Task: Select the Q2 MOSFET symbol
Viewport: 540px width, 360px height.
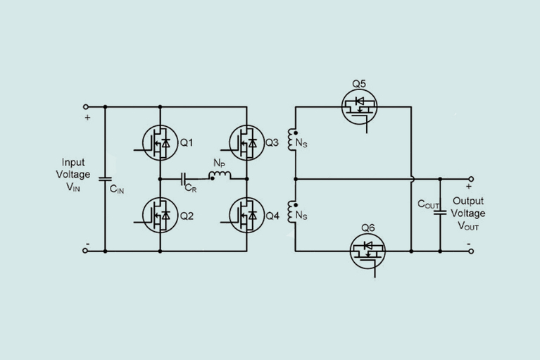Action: pyautogui.click(x=160, y=215)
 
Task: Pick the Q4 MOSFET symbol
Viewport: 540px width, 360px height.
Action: pyautogui.click(x=246, y=215)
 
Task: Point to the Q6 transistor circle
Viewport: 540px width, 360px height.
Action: pyautogui.click(x=368, y=250)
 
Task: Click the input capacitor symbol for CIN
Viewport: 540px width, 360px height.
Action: pyautogui.click(x=104, y=178)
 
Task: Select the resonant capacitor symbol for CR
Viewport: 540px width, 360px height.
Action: pyautogui.click(x=184, y=179)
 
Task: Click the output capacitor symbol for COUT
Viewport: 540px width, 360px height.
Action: pyautogui.click(x=439, y=214)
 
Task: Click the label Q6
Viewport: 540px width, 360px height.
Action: pyautogui.click(x=368, y=227)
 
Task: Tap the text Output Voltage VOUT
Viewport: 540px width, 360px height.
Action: pyautogui.click(x=469, y=213)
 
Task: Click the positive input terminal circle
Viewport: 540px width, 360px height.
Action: pyautogui.click(x=86, y=107)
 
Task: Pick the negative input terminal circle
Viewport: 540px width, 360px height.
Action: pyautogui.click(x=86, y=250)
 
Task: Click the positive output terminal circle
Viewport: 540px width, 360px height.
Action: pyautogui.click(x=470, y=179)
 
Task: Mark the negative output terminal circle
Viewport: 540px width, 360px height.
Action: pyautogui.click(x=470, y=250)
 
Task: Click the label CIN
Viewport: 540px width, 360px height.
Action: pyautogui.click(x=117, y=188)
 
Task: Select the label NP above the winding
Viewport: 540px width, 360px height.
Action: pyautogui.click(x=219, y=163)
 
